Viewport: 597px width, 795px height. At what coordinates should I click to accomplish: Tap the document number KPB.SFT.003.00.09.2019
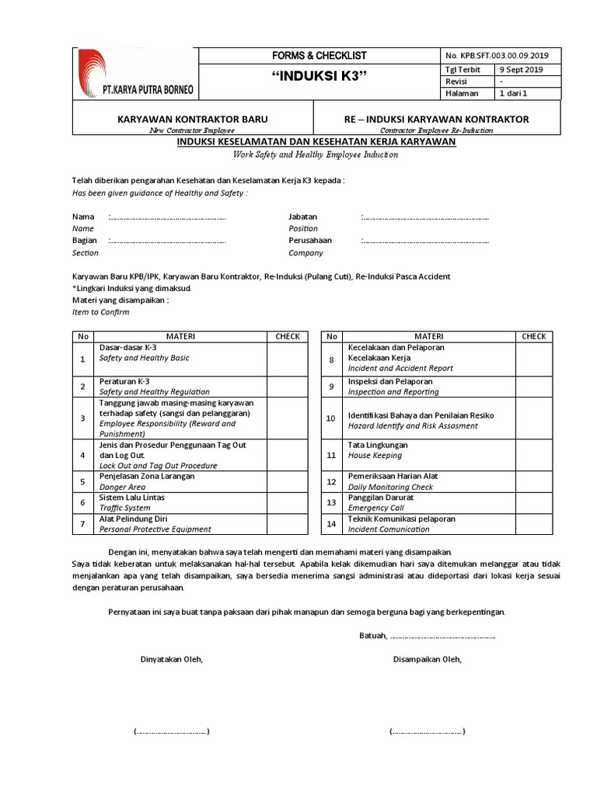click(x=497, y=55)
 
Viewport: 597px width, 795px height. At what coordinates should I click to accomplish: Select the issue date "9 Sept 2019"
click(x=522, y=69)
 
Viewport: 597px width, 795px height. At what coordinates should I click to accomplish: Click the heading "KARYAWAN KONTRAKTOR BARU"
click(x=192, y=119)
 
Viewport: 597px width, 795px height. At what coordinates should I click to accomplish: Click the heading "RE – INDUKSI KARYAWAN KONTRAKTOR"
click(x=438, y=119)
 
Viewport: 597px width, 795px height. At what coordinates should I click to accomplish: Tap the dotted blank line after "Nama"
click(x=167, y=217)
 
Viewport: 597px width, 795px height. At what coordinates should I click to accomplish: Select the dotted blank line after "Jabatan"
click(x=425, y=217)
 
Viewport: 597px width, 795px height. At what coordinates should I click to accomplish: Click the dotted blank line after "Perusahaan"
click(x=425, y=241)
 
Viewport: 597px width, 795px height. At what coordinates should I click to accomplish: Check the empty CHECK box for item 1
click(x=288, y=359)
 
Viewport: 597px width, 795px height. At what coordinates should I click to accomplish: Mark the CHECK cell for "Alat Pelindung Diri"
click(x=288, y=524)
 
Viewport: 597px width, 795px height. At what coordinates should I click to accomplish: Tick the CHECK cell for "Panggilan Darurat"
click(x=534, y=503)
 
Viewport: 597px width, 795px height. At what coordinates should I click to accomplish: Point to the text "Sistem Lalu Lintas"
click(x=131, y=498)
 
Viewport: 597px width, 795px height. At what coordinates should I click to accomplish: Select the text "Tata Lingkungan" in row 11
click(x=379, y=446)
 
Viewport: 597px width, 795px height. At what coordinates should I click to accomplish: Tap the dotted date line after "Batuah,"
click(x=442, y=636)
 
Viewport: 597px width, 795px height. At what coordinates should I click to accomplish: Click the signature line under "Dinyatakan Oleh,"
click(x=171, y=731)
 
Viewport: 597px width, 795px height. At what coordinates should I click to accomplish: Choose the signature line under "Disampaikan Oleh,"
click(x=427, y=731)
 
